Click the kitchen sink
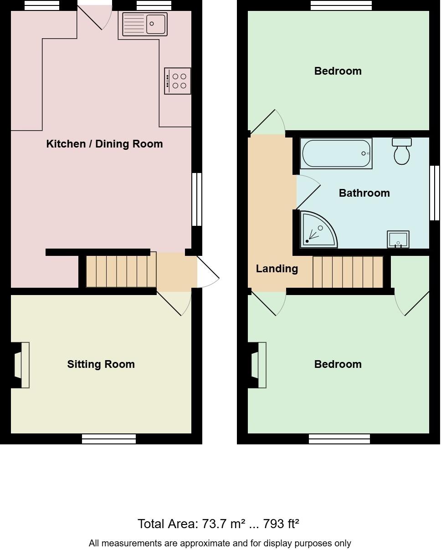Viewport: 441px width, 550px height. [x=144, y=24]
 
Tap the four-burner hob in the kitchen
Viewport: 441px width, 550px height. [x=178, y=81]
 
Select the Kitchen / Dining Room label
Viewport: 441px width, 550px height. [x=104, y=144]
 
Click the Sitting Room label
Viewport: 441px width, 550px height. [x=101, y=364]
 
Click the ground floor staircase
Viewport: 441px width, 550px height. [x=121, y=271]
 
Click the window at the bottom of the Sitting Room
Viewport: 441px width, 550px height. [x=109, y=439]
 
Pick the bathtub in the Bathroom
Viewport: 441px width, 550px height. [x=336, y=153]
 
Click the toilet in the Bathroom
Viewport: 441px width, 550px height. [x=401, y=151]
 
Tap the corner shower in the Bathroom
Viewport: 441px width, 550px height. [x=318, y=229]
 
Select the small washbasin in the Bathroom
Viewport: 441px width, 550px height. [x=398, y=239]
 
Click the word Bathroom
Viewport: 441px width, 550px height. [x=364, y=193]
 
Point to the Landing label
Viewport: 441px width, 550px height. [x=277, y=269]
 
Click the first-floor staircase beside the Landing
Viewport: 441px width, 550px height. [x=348, y=272]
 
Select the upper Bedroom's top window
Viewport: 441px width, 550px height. [x=341, y=5]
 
